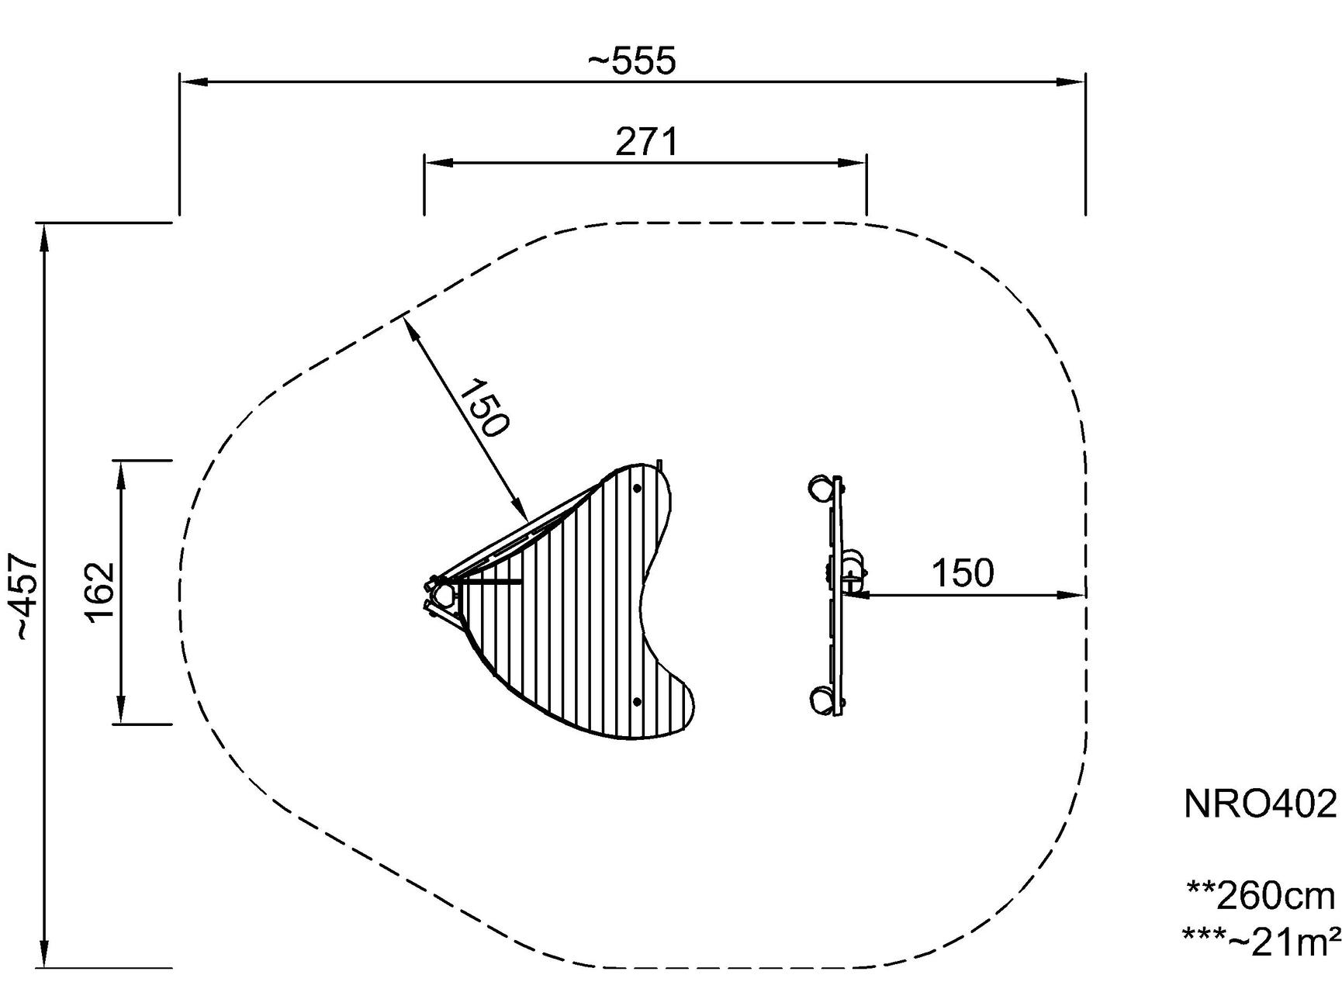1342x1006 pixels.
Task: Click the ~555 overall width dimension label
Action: [x=631, y=61]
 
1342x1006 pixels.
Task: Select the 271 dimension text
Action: [x=647, y=142]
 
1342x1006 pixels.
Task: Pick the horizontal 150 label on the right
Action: [x=962, y=573]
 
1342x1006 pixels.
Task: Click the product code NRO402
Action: [x=1261, y=804]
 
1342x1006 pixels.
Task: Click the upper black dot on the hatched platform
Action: [x=637, y=489]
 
